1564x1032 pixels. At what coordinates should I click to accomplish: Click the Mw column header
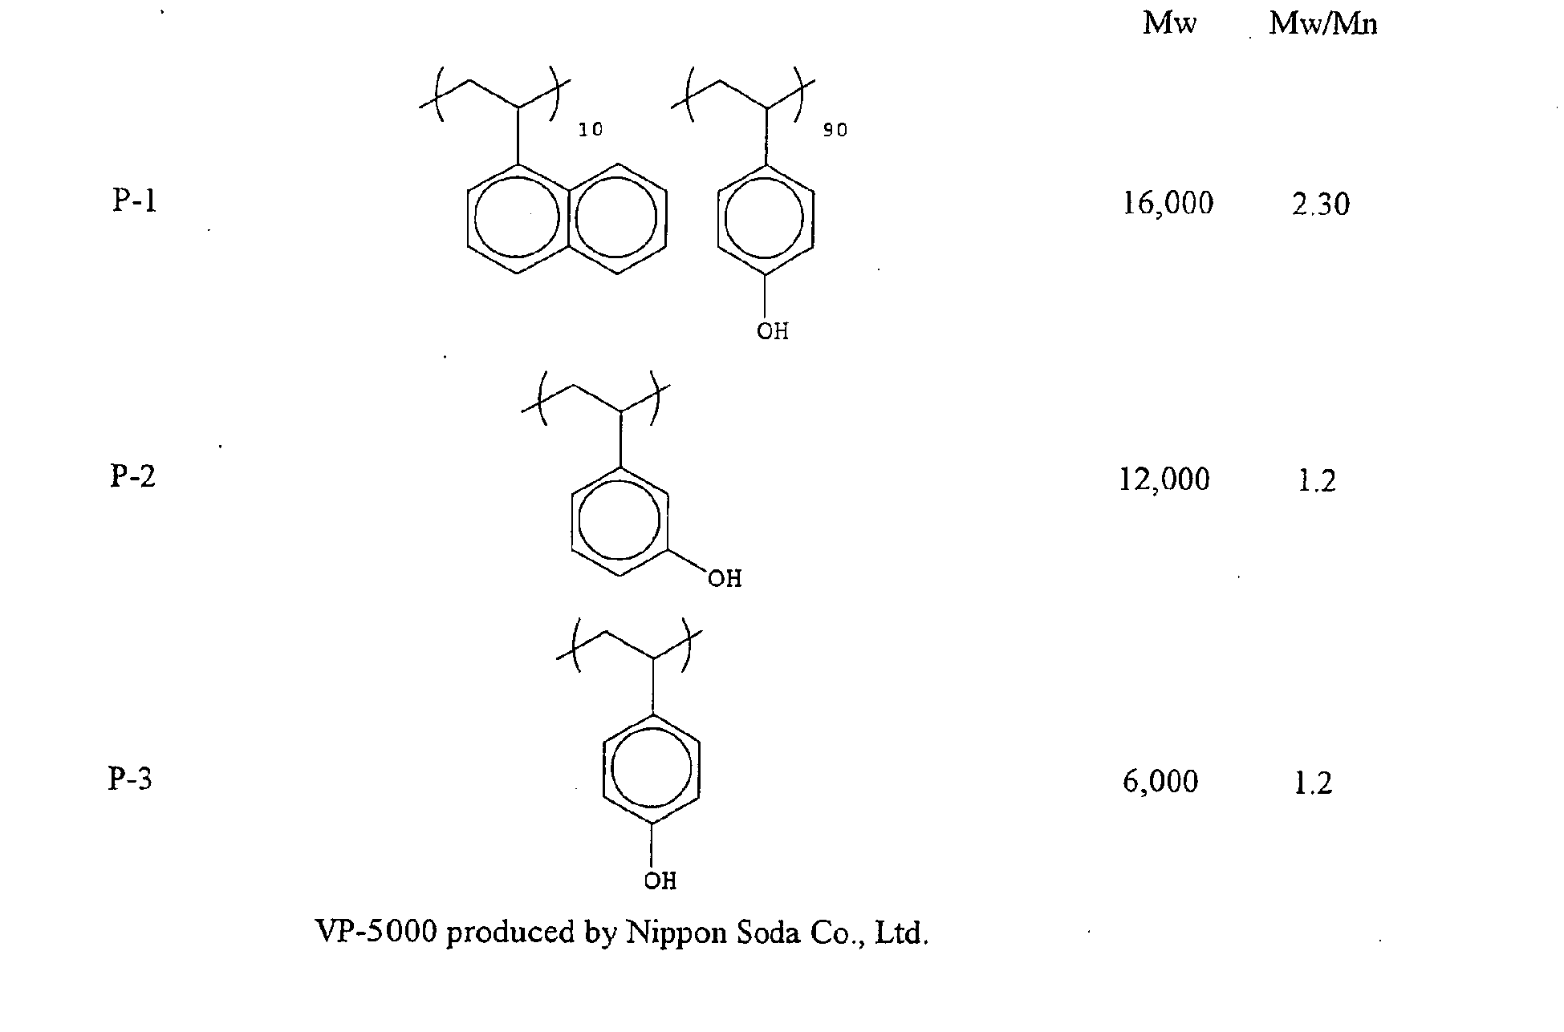tap(1169, 23)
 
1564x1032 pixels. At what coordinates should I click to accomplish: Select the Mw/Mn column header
tap(1323, 24)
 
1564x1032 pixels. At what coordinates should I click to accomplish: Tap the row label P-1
tap(134, 200)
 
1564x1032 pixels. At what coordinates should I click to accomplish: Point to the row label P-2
tap(132, 476)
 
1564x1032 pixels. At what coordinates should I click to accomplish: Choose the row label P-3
tap(130, 778)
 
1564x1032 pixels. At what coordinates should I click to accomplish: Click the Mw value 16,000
tap(1168, 204)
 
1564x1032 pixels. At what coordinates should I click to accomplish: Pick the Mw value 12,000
tap(1164, 480)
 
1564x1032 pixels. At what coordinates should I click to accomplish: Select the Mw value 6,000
tap(1160, 781)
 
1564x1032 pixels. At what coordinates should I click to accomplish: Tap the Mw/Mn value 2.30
tap(1321, 204)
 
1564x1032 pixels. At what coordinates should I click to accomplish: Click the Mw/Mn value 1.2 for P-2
tap(1317, 481)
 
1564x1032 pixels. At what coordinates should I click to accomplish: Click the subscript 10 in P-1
tap(591, 130)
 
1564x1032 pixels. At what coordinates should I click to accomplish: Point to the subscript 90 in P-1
tap(835, 130)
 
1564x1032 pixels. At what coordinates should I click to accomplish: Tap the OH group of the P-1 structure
tap(773, 331)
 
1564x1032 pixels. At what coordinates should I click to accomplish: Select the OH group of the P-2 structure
tap(725, 578)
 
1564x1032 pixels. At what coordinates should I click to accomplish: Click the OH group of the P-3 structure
tap(660, 881)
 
